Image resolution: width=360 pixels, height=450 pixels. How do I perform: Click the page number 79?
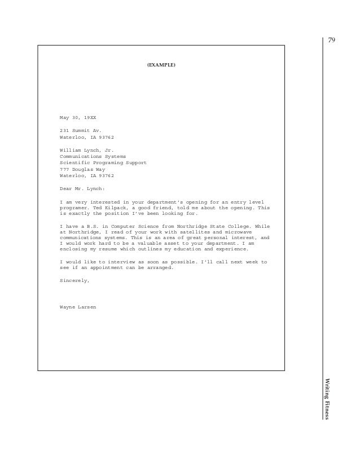[x=332, y=40]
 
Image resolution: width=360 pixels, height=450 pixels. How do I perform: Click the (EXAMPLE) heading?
[x=161, y=65]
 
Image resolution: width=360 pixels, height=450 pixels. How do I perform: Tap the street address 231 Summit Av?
[x=80, y=130]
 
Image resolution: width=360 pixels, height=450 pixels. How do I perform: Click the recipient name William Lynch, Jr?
[x=86, y=149]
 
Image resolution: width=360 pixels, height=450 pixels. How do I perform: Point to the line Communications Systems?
[x=93, y=156]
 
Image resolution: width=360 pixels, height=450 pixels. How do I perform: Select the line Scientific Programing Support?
[x=103, y=162]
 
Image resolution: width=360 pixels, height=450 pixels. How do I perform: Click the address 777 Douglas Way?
[x=82, y=169]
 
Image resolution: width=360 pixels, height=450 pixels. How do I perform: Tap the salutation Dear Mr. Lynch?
[x=82, y=188]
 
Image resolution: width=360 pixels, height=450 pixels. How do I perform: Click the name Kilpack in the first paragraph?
[x=111, y=208]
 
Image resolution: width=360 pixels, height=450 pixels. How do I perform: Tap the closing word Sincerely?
[x=74, y=280]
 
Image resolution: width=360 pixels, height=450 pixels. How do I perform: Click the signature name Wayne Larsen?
[x=78, y=307]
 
